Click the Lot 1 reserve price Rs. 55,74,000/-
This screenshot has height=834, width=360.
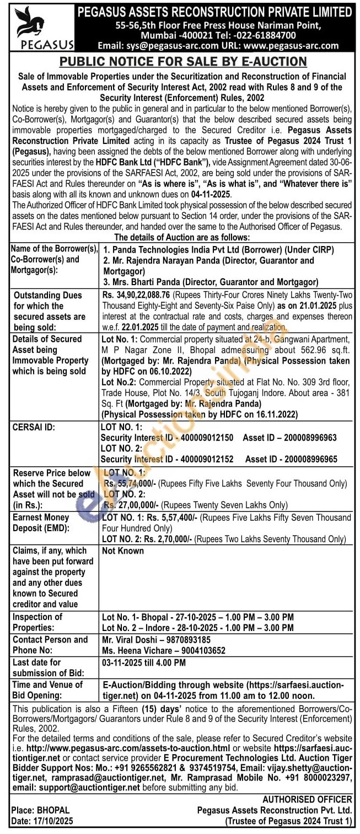pyautogui.click(x=131, y=483)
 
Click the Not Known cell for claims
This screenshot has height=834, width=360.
pyautogui.click(x=122, y=550)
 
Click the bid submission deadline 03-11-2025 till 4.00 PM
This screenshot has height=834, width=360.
pyautogui.click(x=143, y=662)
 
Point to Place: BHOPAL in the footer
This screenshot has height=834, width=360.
pyautogui.click(x=41, y=810)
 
